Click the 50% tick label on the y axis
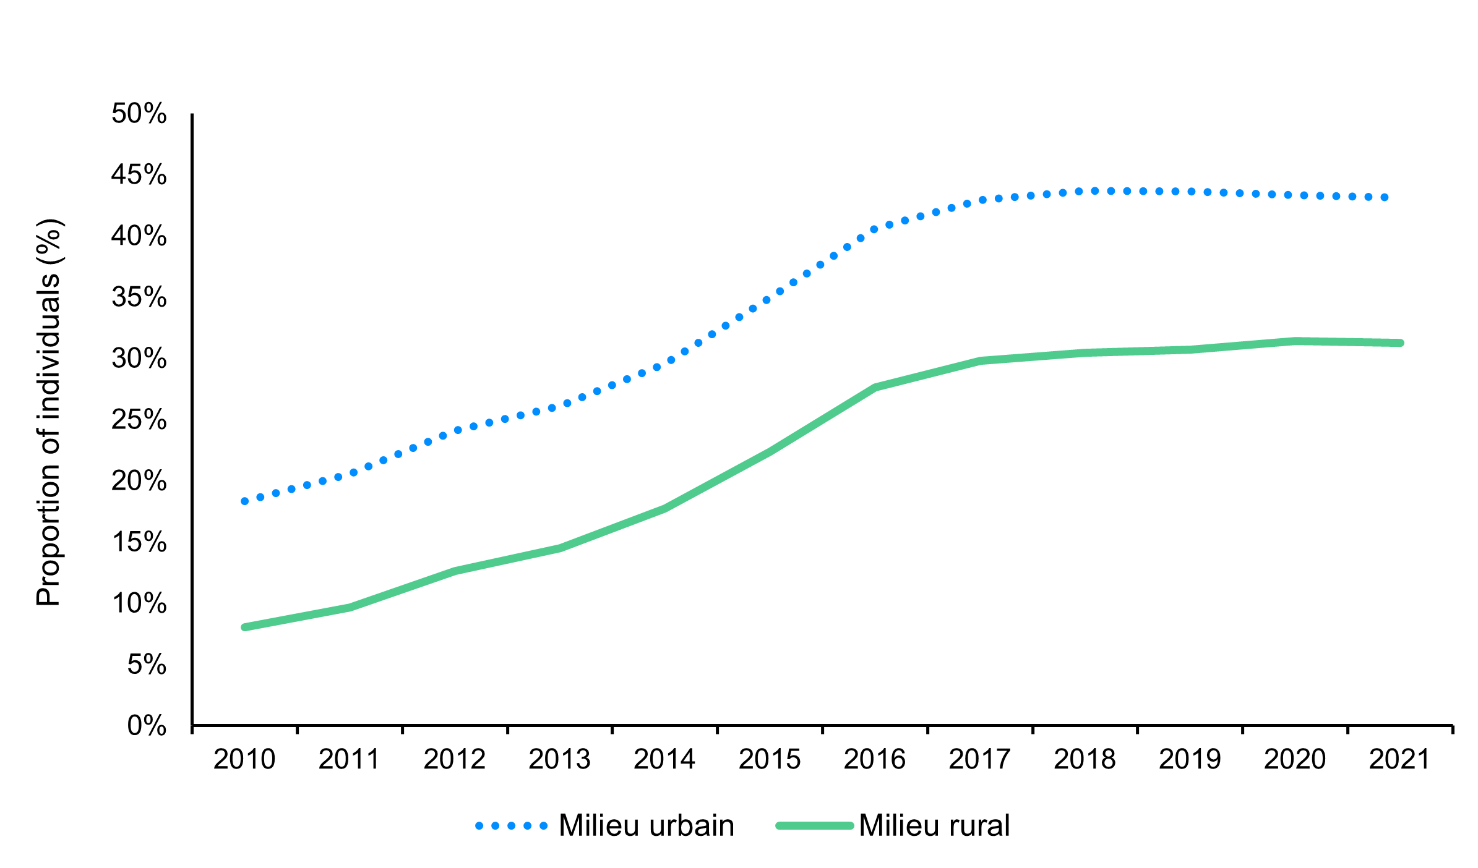pyautogui.click(x=139, y=114)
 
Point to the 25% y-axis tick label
pyautogui.click(x=139, y=420)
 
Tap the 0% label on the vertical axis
pyautogui.click(x=147, y=725)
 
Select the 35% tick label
pyautogui.click(x=139, y=297)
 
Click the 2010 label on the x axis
pyautogui.click(x=244, y=759)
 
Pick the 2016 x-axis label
pyautogui.click(x=874, y=759)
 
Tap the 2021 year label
pyautogui.click(x=1399, y=759)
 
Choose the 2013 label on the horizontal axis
pyautogui.click(x=559, y=759)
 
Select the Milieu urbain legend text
pyautogui.click(x=646, y=825)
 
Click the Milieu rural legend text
pyautogui.click(x=934, y=825)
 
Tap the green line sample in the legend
pyautogui.click(x=814, y=825)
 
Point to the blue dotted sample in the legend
pyautogui.click(x=511, y=825)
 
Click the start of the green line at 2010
pyautogui.click(x=245, y=627)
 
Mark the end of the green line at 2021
pyautogui.click(x=1399, y=343)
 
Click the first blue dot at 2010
pyautogui.click(x=245, y=501)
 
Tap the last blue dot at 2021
pyautogui.click(x=1385, y=197)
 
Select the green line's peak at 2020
pyautogui.click(x=1295, y=341)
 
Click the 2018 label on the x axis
pyautogui.click(x=1085, y=759)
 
